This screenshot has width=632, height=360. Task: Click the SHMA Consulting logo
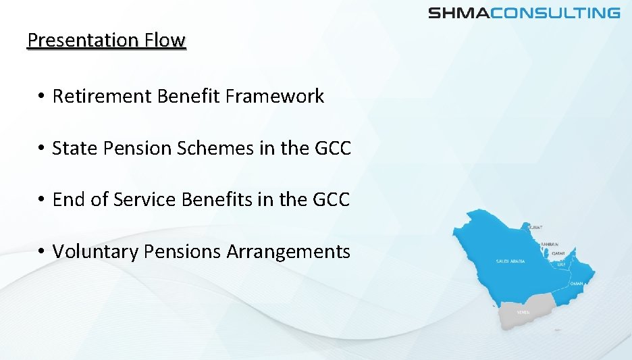[x=524, y=13]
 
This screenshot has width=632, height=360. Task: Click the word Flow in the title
[x=164, y=41]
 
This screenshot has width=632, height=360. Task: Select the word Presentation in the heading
[x=82, y=41]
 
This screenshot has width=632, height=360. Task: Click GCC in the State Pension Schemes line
[x=332, y=148]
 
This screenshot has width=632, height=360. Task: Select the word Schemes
[x=215, y=148]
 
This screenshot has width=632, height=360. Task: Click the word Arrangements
[x=288, y=251]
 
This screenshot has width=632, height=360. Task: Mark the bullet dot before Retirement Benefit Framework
[x=41, y=97]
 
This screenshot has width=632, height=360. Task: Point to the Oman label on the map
[x=576, y=284]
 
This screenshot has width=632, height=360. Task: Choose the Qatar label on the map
[x=558, y=253]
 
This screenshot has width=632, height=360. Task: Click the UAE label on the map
[x=562, y=265]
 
